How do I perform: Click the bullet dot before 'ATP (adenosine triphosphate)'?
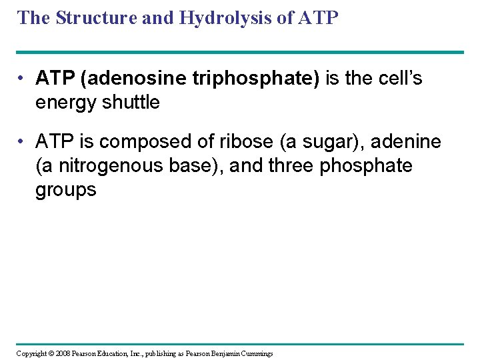(x=22, y=79)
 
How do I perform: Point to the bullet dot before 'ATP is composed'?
(x=22, y=141)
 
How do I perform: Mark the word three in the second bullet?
(x=291, y=165)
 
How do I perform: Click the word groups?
(x=66, y=189)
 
